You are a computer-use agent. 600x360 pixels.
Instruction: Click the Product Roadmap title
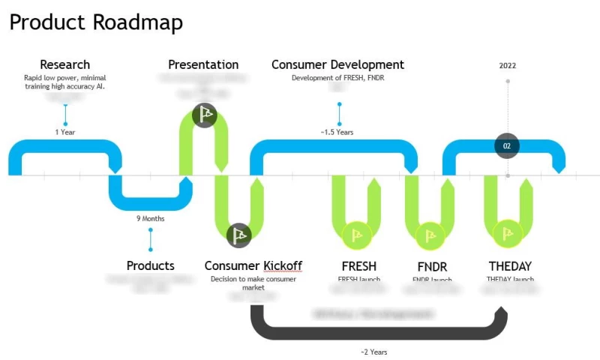coord(96,22)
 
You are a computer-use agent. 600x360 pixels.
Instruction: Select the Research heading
coord(64,64)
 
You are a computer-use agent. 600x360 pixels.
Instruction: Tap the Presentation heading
coord(203,64)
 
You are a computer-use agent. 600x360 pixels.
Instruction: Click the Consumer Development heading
coord(337,64)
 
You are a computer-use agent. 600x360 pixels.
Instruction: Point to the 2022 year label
coord(508,65)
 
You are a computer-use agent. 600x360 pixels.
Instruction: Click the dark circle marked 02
coord(507,146)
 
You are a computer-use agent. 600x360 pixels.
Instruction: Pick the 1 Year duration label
coord(65,132)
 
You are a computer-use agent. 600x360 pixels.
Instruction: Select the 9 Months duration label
coord(150,219)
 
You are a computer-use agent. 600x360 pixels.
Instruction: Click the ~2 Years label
coord(373,352)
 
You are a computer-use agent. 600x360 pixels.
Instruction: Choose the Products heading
coord(150,265)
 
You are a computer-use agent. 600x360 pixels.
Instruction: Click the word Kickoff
coord(283,265)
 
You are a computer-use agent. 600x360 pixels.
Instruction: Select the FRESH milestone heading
coord(358,266)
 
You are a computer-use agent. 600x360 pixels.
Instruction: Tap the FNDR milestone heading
coord(432,266)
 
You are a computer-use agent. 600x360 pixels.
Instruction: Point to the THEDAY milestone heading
coord(510,266)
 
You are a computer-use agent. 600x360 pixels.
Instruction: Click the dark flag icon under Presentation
coord(204,115)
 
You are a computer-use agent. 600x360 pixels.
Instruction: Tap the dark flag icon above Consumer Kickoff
coord(239,235)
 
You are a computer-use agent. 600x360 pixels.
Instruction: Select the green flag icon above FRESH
coord(355,235)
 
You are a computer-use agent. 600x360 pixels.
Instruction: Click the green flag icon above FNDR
coord(430,235)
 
